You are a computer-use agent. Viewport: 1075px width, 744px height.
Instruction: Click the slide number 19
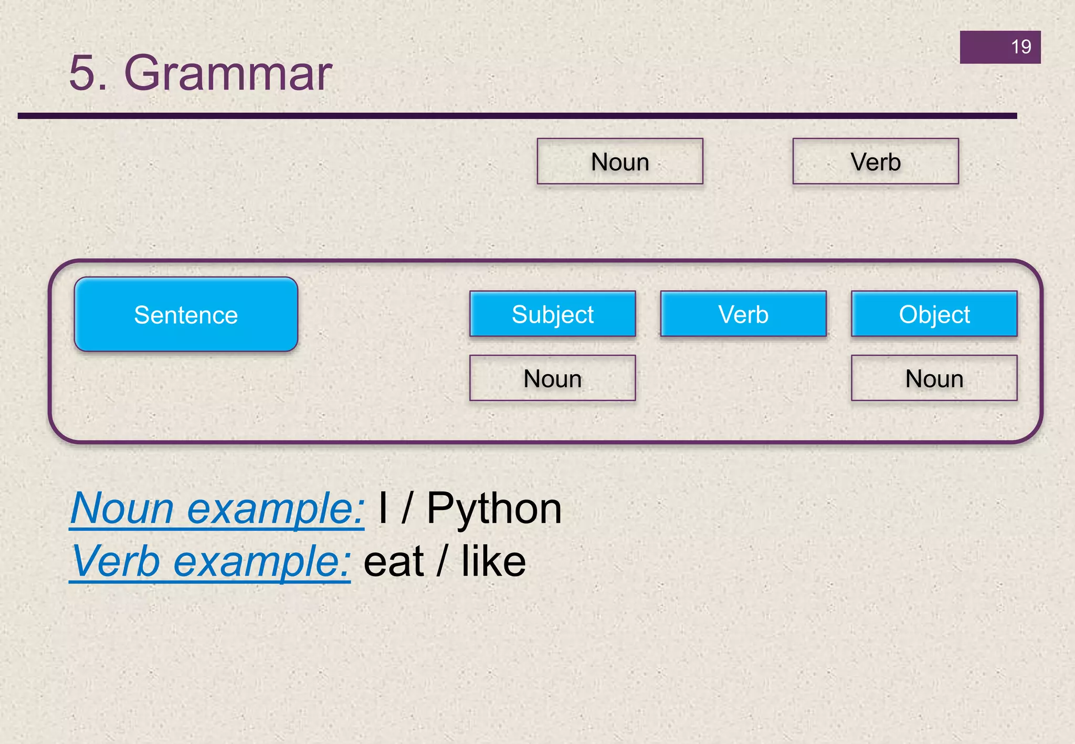click(x=1020, y=47)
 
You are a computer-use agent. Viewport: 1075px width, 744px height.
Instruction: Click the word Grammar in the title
click(x=228, y=73)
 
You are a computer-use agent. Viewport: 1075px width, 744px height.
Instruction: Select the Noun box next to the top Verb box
click(x=619, y=162)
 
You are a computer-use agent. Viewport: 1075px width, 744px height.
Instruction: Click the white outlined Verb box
click(x=875, y=162)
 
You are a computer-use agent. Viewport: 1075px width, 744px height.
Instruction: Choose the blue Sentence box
click(x=186, y=315)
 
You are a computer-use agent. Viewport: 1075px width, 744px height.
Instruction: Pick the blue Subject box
click(x=552, y=314)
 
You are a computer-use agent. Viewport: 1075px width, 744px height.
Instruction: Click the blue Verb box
click(x=743, y=314)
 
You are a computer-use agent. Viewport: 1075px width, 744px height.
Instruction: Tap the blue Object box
click(x=934, y=314)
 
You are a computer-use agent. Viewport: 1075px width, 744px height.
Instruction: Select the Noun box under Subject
click(x=552, y=378)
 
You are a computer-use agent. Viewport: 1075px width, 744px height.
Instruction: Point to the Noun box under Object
click(x=934, y=378)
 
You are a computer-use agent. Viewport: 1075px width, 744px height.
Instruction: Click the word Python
click(x=493, y=509)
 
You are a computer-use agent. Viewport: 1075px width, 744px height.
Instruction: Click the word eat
click(x=393, y=562)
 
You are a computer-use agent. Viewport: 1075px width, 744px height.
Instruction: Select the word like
click(x=493, y=562)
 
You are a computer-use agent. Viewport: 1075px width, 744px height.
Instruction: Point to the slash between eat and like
click(x=442, y=562)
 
